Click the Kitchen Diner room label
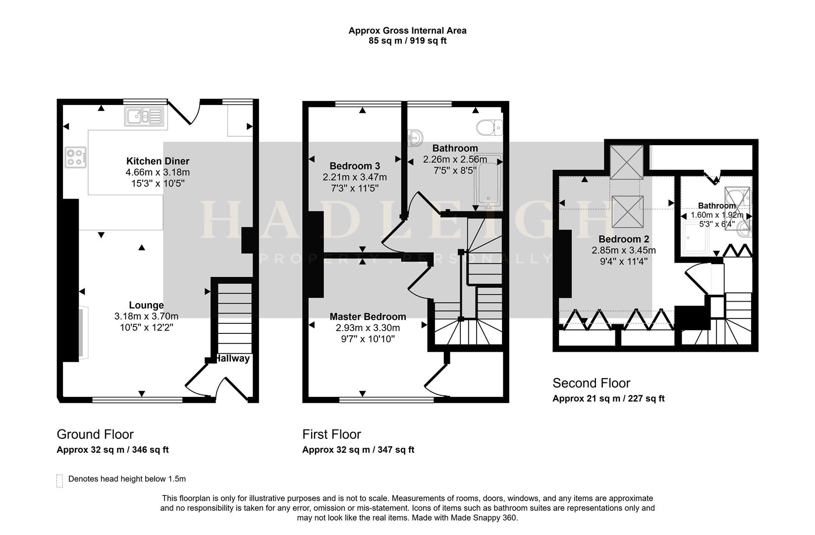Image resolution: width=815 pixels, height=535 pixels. (158, 161)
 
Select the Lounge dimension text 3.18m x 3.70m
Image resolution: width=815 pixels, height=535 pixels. (146, 316)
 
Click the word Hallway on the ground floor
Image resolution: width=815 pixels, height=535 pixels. (232, 358)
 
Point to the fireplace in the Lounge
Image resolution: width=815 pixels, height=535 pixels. (83, 332)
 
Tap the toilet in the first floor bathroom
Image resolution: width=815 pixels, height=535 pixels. (489, 127)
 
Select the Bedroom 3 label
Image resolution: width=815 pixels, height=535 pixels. (355, 166)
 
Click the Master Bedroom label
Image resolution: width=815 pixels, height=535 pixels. (368, 317)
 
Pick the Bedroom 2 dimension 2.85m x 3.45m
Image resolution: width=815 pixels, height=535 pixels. (624, 250)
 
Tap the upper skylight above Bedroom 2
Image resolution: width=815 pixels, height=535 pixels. (626, 162)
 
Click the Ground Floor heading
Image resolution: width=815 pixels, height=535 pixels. (95, 434)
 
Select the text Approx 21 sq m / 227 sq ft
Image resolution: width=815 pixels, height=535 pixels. (608, 398)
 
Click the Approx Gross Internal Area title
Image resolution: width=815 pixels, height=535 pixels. (407, 30)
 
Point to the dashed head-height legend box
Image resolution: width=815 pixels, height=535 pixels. (59, 481)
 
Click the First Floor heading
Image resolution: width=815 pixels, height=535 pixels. (331, 434)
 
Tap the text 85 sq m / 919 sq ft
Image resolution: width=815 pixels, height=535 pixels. (407, 41)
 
